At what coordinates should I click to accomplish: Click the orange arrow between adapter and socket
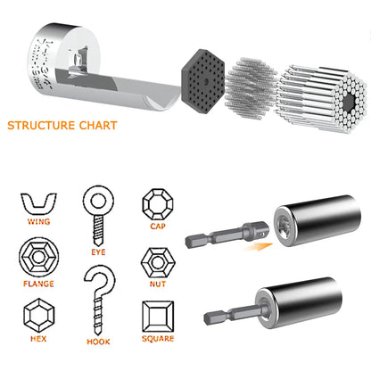[x=260, y=240]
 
